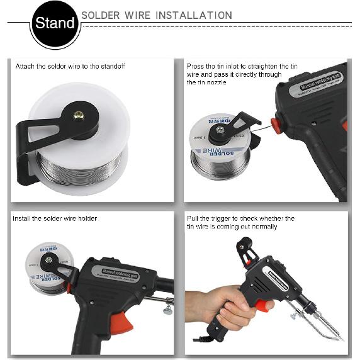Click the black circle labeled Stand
[55, 25]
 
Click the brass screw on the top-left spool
[79, 115]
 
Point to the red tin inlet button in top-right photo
[274, 123]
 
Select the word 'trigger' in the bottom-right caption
[228, 218]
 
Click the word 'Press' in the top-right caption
[195, 66]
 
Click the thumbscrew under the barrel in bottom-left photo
[167, 309]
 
